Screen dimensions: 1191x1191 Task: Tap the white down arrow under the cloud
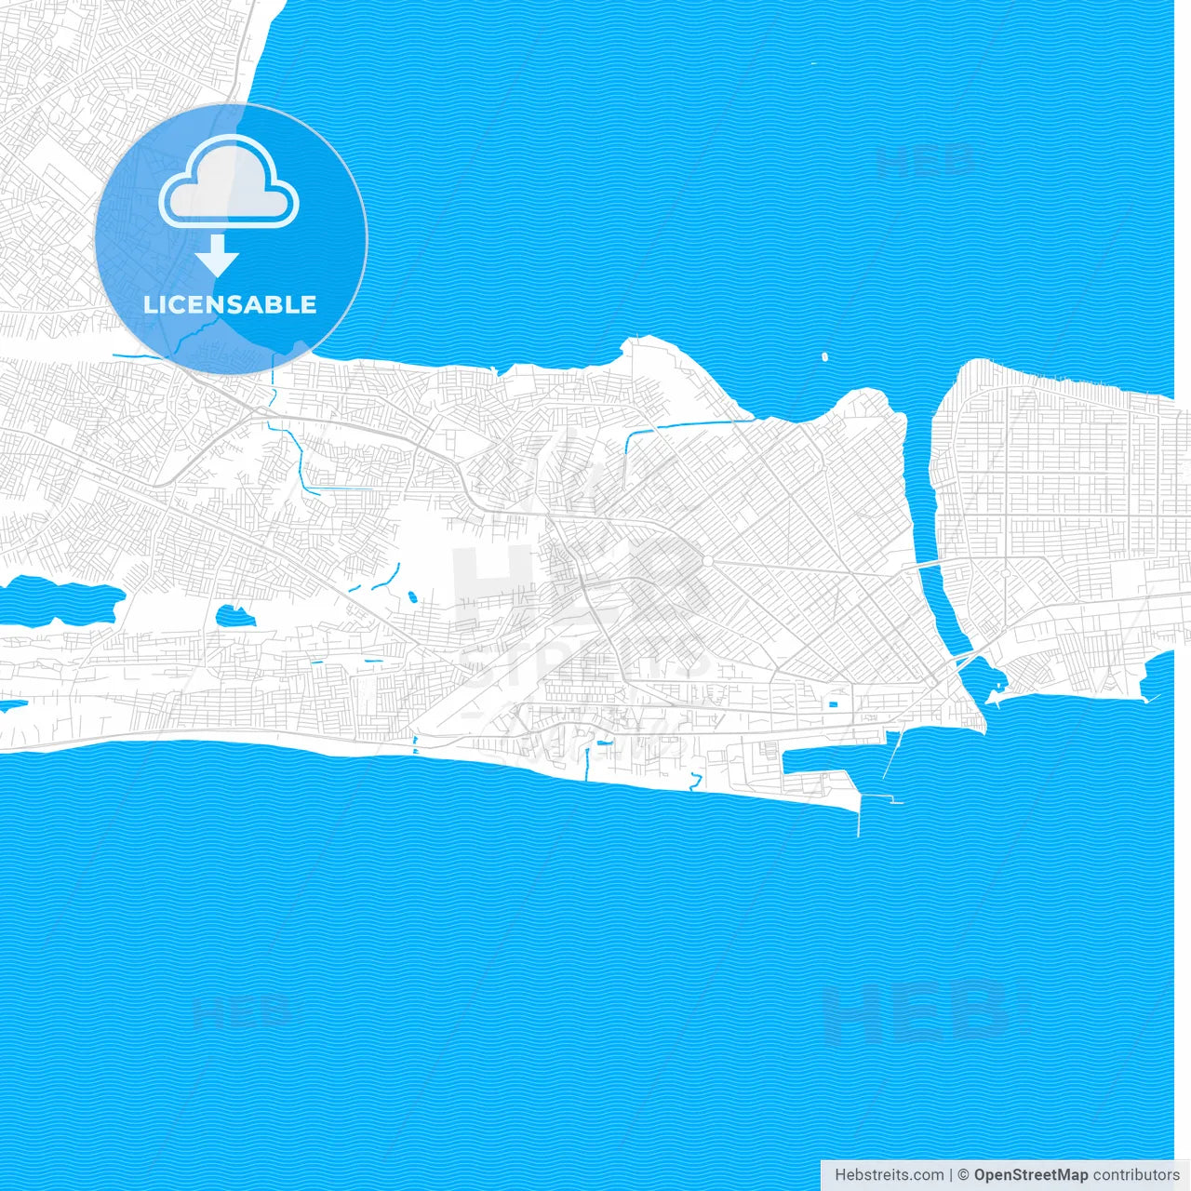pos(217,254)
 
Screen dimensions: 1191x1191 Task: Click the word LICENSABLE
pos(230,304)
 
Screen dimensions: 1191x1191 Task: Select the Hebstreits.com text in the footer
pos(889,1175)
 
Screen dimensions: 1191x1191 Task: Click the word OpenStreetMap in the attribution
pos(1030,1175)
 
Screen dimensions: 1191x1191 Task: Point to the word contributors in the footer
pos(1136,1175)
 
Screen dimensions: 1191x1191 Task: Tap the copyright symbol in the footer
pos(964,1175)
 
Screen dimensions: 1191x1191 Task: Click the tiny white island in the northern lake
pos(824,355)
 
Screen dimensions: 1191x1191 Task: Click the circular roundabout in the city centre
pos(707,561)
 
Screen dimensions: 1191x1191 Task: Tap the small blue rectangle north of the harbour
pos(833,703)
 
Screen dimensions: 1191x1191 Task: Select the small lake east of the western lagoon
pos(234,616)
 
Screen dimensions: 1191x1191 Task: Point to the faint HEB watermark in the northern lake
pos(926,160)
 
